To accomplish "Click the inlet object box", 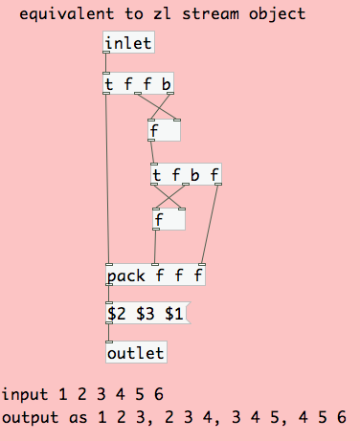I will [127, 43].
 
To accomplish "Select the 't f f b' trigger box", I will [138, 85].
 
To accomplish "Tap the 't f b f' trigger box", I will [186, 175].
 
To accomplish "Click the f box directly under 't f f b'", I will [164, 130].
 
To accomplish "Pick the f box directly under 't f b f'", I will [168, 220].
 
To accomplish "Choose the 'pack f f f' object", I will [155, 276].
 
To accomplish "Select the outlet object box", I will [135, 353].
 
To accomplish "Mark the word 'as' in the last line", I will [72, 417].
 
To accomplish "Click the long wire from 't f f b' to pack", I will [107, 182].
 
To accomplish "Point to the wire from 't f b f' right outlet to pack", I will [211, 225].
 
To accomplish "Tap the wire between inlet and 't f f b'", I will [106, 64].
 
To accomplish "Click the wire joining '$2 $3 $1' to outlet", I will [108, 334].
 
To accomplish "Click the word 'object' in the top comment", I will [279, 14].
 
